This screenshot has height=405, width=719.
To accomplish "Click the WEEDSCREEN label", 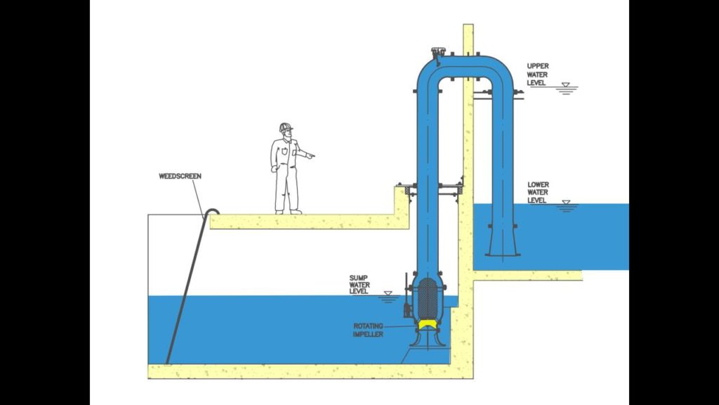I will pos(180,176).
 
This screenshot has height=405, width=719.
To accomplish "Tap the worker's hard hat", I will pos(285,127).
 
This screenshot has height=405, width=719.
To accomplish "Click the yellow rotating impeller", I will pos(426,324).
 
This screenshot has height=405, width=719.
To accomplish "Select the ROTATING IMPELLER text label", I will pos(368,330).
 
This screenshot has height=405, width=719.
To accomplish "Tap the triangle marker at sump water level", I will pos(388,292).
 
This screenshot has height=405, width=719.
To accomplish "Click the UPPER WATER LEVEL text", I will pos(538,74).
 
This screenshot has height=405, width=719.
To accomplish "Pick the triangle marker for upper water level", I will pos(567,85).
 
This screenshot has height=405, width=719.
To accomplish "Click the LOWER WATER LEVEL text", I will pos(538,193).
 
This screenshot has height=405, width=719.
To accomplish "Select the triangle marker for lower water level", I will pos(567,203).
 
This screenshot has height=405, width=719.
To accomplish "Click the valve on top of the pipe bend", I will pos(439,53).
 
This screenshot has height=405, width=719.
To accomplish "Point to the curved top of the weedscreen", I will pos(212,210).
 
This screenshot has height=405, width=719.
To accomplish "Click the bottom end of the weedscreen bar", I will pos(168,361).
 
